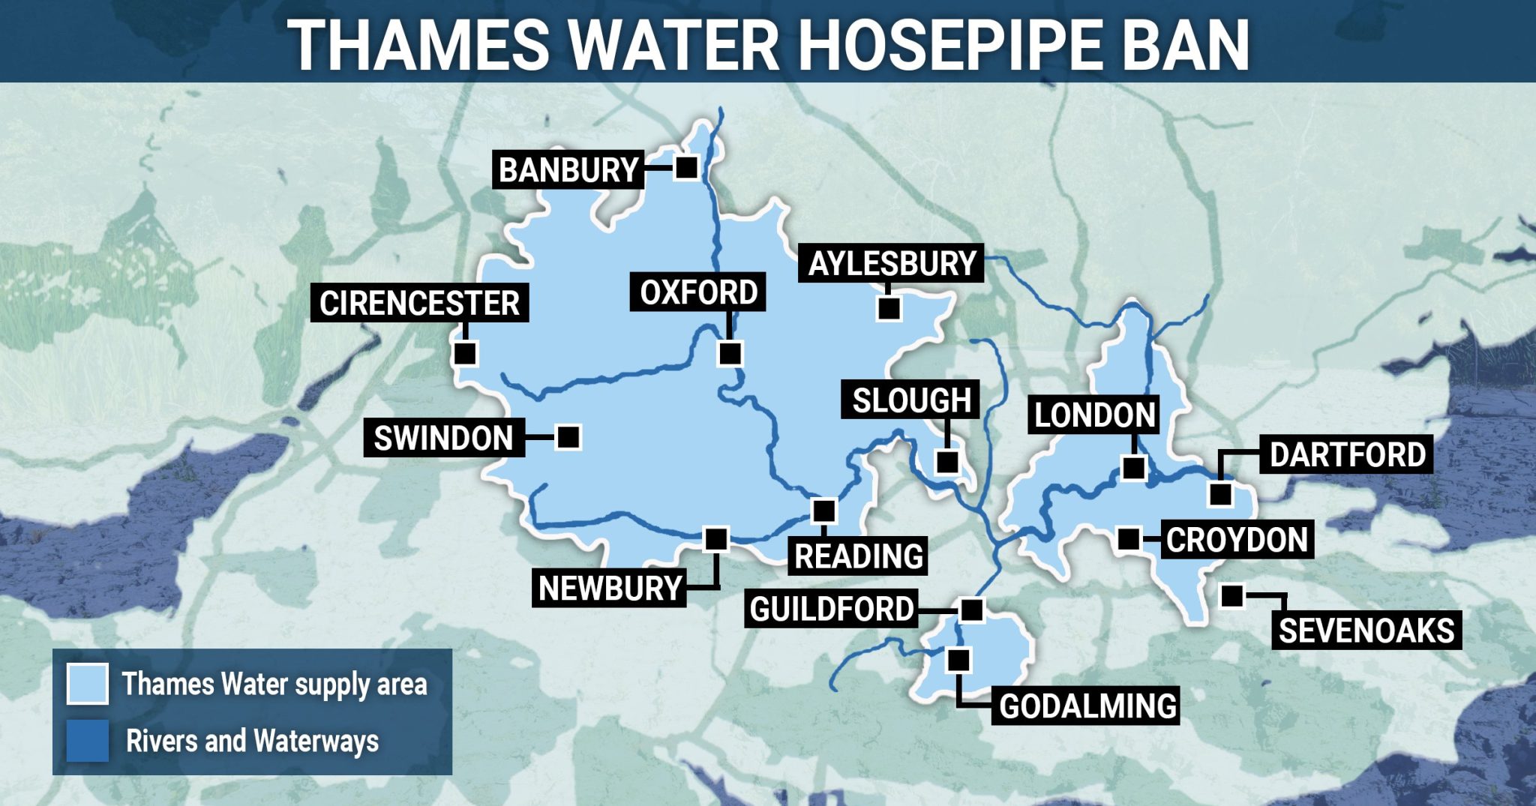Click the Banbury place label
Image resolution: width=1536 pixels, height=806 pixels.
568,170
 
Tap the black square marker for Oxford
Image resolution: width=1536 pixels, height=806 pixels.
730,352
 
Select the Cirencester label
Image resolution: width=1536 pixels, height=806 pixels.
419,303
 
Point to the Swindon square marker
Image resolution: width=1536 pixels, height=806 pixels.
568,436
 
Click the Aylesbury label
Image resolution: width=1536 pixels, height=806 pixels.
892,263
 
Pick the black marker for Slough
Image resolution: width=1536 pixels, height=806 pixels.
947,461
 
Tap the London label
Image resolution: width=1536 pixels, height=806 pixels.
1094,415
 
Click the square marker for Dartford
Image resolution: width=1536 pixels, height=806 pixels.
1220,494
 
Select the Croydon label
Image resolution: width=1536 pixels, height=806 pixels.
1237,540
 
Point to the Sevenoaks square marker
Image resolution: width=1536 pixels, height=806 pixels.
1231,596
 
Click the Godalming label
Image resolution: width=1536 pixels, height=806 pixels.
1087,706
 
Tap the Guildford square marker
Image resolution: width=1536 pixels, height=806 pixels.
972,610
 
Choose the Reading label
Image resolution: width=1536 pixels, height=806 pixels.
858,556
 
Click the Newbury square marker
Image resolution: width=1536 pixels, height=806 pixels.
716,538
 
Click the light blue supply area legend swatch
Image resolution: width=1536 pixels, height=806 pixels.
88,683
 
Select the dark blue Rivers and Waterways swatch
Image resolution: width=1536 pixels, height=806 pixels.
88,740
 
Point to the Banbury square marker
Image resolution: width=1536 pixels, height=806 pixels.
685,166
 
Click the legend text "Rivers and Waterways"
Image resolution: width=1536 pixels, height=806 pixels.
252,741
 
